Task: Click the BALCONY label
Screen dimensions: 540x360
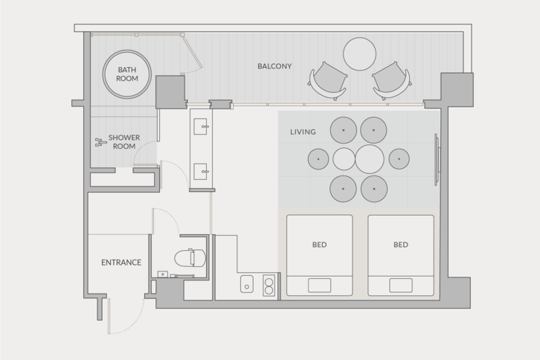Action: pyautogui.click(x=274, y=66)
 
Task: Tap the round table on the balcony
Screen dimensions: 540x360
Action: pyautogui.click(x=359, y=54)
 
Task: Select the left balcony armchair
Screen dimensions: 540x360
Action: pyautogui.click(x=328, y=81)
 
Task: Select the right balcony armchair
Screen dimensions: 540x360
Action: pyautogui.click(x=391, y=81)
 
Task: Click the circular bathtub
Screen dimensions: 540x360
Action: pyautogui.click(x=127, y=74)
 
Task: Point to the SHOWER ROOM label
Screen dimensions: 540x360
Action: pyautogui.click(x=124, y=141)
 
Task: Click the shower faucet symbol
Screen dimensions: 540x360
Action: pyautogui.click(x=100, y=142)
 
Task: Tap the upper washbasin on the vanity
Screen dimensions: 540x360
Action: pyautogui.click(x=201, y=126)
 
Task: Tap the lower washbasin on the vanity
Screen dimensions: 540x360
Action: pyautogui.click(x=201, y=172)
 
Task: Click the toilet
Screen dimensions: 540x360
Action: pyautogui.click(x=190, y=258)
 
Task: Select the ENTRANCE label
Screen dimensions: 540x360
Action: pyautogui.click(x=121, y=263)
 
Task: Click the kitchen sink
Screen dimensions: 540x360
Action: pyautogui.click(x=247, y=284)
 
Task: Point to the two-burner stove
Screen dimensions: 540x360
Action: pyautogui.click(x=269, y=285)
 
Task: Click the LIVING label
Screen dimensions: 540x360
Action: pyautogui.click(x=303, y=132)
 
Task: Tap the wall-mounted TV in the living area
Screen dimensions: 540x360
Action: pyautogui.click(x=437, y=159)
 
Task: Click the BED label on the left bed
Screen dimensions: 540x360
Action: pyautogui.click(x=319, y=245)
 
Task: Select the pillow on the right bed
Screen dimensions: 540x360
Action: pyautogui.click(x=401, y=285)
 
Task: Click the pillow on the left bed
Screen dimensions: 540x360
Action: pyautogui.click(x=320, y=285)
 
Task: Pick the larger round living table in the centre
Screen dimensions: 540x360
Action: pyautogui.click(x=370, y=159)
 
